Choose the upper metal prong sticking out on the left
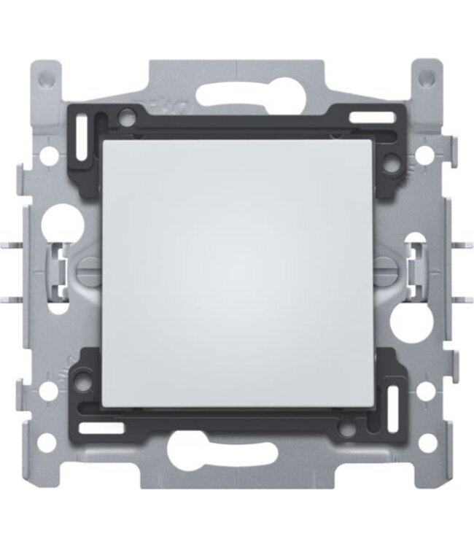pos(27,242)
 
